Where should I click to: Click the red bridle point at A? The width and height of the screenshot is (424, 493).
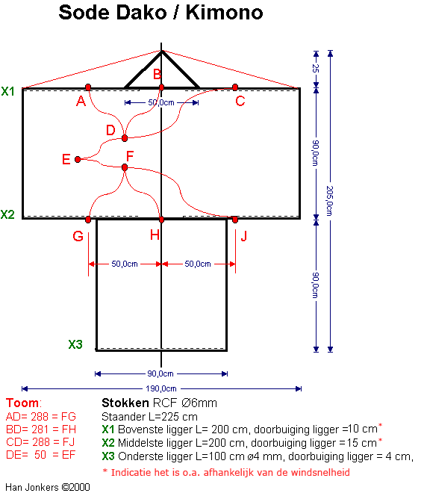88,87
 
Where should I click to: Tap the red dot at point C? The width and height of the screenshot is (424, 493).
235,87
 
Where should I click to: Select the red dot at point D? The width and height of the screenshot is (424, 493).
125,138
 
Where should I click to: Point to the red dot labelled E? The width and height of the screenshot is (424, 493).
78,159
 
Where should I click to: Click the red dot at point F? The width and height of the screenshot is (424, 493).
125,167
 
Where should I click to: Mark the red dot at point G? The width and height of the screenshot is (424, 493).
88,220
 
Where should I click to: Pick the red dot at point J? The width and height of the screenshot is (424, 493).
235,220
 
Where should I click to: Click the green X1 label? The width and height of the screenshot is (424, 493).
8,91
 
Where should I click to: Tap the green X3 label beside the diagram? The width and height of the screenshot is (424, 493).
75,344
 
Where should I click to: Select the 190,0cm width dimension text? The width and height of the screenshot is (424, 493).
161,388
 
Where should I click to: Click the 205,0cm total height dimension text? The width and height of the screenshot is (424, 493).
329,201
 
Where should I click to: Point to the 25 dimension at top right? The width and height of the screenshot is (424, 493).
316,68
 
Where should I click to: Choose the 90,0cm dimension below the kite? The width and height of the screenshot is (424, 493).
160,373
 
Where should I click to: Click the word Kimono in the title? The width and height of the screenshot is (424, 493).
225,13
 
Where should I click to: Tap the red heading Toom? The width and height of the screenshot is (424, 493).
22,403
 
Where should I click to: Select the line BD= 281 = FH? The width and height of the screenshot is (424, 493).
41,430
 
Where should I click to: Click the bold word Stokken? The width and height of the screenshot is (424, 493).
125,403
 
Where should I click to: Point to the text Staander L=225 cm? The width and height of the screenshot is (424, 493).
149,417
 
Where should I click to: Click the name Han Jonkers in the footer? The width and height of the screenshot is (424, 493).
32,487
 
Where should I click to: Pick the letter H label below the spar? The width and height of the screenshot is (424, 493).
155,235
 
